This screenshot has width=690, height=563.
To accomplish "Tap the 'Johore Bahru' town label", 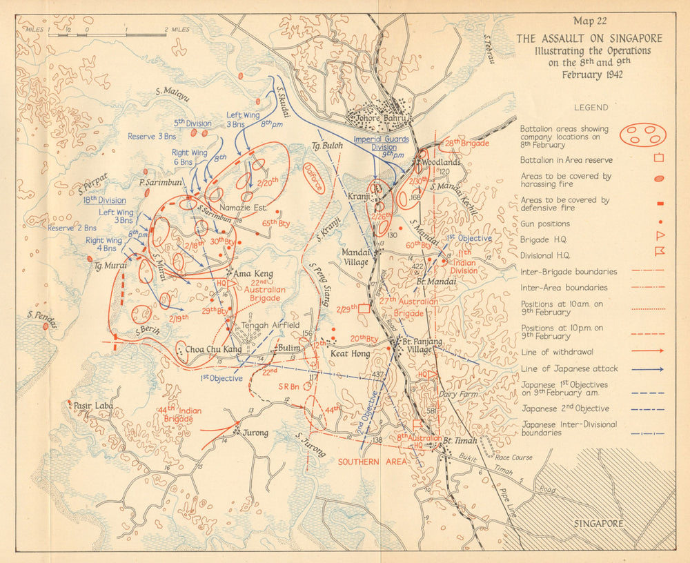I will click(378, 117).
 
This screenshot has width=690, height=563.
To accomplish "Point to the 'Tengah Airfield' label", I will click(270, 325).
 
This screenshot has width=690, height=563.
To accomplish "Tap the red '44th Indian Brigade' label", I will click(179, 415).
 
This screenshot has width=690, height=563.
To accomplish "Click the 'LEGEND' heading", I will click(591, 108).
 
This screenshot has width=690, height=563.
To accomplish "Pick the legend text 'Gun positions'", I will click(545, 224).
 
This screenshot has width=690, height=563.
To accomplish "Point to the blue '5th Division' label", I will click(193, 124).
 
